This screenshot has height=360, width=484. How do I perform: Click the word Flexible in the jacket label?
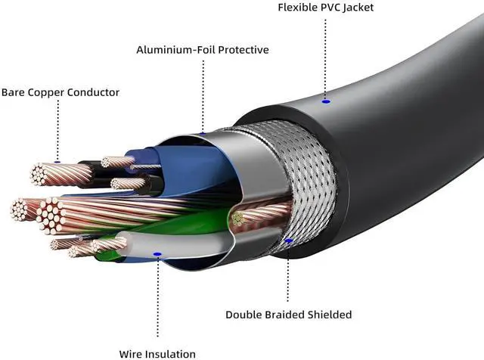[x=298, y=8]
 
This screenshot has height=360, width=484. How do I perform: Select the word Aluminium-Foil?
[x=171, y=50]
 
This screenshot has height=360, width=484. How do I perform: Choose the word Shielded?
[x=332, y=314]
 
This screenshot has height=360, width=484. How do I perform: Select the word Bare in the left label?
[x=14, y=92]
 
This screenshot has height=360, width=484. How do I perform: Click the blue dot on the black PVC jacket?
[x=325, y=100]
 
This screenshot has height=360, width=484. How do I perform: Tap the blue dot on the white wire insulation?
[x=157, y=253]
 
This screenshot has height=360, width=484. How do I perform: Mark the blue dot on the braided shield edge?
[x=290, y=242]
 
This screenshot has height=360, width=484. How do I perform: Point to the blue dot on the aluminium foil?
[x=202, y=133]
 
